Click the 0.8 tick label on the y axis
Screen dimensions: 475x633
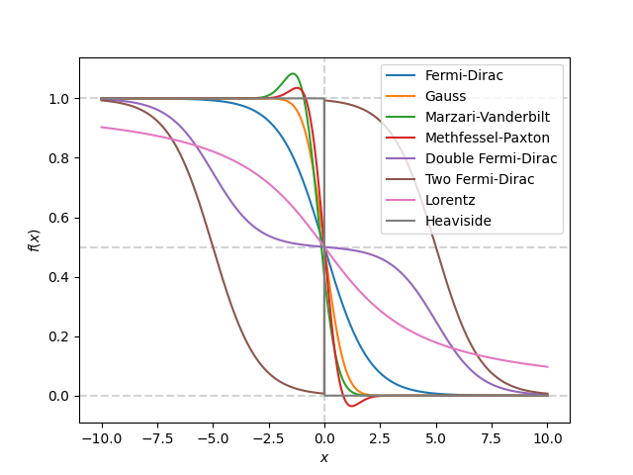pos(61,158)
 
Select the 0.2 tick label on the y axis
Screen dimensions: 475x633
pos(61,336)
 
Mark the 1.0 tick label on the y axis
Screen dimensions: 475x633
pos(61,99)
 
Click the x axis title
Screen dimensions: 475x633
pos(324,458)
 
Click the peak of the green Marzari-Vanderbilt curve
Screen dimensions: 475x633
pos(292,73)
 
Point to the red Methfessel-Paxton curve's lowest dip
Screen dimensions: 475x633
pos(351,405)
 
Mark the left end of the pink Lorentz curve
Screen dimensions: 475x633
pos(102,127)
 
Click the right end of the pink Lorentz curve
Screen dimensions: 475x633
pos(547,367)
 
